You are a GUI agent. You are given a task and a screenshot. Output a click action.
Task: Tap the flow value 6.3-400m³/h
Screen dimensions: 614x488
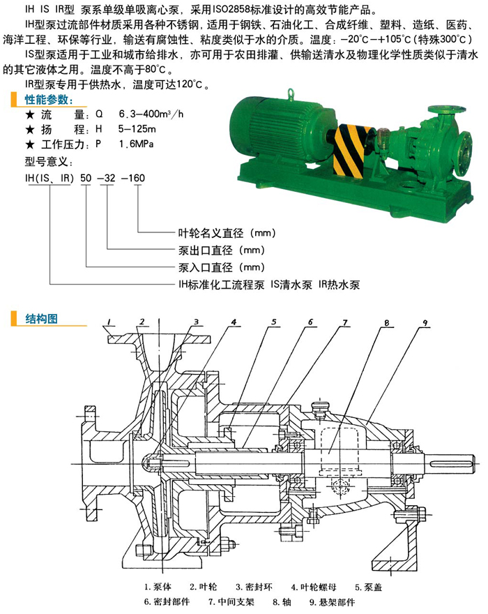click(151, 114)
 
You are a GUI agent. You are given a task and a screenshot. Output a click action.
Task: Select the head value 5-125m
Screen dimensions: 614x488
click(137, 130)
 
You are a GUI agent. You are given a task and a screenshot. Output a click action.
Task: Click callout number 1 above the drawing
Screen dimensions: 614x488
click(109, 321)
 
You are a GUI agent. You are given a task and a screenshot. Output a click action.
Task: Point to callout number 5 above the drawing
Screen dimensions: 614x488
click(274, 322)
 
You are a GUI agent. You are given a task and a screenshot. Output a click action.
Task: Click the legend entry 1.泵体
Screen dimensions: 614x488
click(161, 586)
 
